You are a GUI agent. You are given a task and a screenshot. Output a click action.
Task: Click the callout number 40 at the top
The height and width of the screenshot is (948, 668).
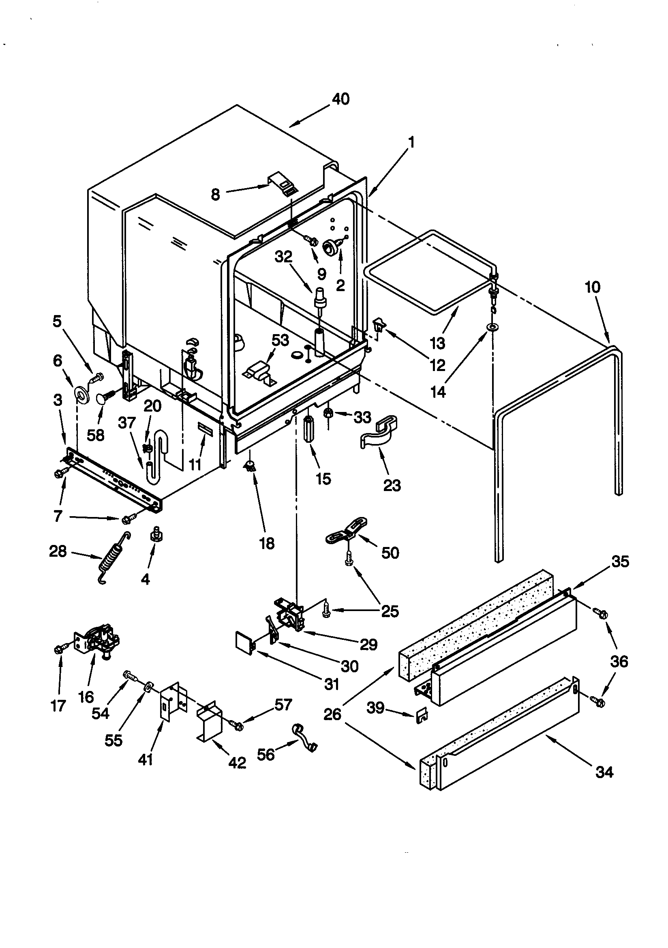point(340,99)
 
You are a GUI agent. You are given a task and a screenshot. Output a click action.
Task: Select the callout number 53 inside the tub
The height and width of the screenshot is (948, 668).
point(280,341)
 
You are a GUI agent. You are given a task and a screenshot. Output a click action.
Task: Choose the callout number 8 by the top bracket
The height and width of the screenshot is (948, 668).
point(215,195)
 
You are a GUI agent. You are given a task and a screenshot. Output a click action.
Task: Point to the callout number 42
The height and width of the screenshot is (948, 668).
point(237,762)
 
